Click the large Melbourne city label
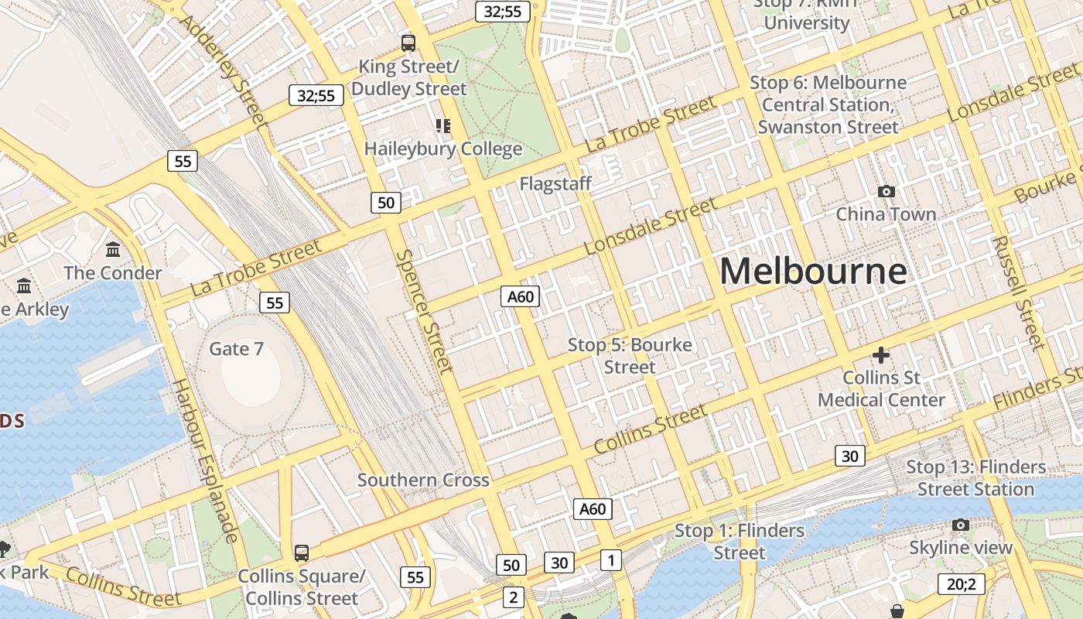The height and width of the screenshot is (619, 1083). pos(813,272)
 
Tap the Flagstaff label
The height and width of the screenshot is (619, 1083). pos(555,183)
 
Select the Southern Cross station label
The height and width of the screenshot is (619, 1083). pos(423,480)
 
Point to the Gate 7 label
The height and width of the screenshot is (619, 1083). pos(236,349)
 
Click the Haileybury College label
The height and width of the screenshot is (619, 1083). pos(443,149)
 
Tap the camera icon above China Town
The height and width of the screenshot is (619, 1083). pos(886,191)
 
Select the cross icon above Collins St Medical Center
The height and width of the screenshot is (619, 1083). pos(881,355)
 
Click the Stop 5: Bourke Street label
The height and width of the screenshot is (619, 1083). pos(630,355)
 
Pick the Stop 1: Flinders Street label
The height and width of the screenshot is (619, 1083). pos(740,542)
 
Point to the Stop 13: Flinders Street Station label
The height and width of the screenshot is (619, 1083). pos(975,478)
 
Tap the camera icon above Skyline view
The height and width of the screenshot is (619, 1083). pos(961,525)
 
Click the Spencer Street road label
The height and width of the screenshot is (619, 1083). pos(424,311)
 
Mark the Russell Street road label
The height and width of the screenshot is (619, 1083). pos(1020,292)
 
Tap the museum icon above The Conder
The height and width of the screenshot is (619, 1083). pos(113,250)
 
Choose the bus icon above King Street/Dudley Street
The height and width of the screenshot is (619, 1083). pos(408,43)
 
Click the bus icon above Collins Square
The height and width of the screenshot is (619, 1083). pos(302,553)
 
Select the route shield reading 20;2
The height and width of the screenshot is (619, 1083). pos(962,584)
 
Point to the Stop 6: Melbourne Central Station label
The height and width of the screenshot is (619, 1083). pos(828,104)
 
